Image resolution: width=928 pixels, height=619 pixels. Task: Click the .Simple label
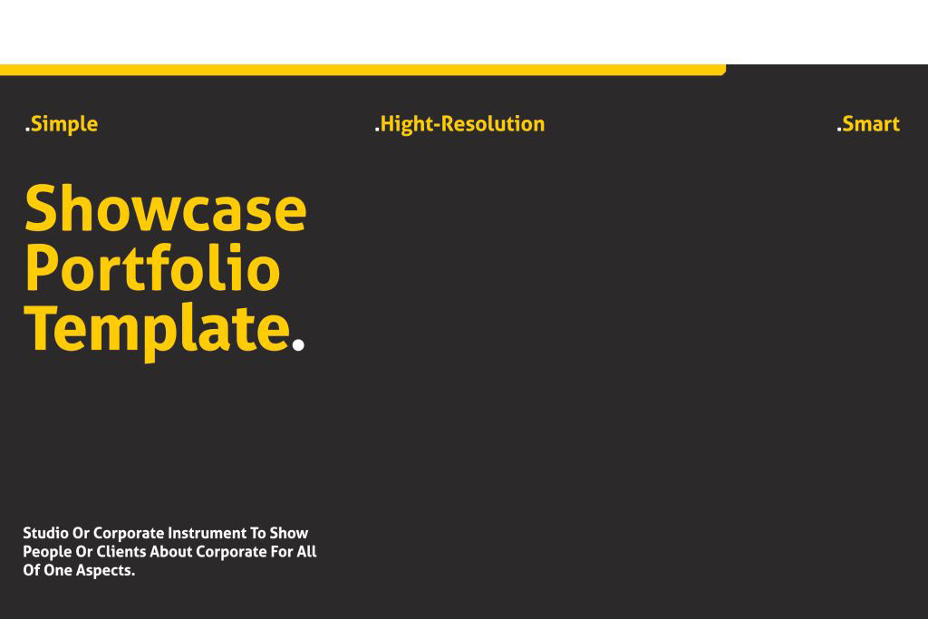point(62,124)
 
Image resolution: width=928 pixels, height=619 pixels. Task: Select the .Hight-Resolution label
point(459,124)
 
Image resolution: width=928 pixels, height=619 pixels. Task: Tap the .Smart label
point(867,124)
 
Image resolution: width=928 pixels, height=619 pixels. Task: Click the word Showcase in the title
point(166,208)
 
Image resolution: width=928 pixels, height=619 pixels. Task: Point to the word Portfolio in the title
point(152,267)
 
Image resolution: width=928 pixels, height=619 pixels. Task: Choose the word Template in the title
point(158,329)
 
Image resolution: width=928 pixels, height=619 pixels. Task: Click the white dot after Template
point(298,345)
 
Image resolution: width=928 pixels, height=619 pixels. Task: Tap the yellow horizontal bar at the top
point(362,70)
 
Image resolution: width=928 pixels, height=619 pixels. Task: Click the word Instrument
point(207,533)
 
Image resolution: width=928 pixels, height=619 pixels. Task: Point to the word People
point(47,552)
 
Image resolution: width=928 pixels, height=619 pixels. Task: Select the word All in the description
point(306,552)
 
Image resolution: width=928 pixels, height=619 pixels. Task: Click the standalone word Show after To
point(289,533)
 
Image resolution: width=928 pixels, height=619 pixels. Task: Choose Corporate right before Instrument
point(129,534)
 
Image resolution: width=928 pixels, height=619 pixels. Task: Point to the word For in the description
point(282,552)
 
